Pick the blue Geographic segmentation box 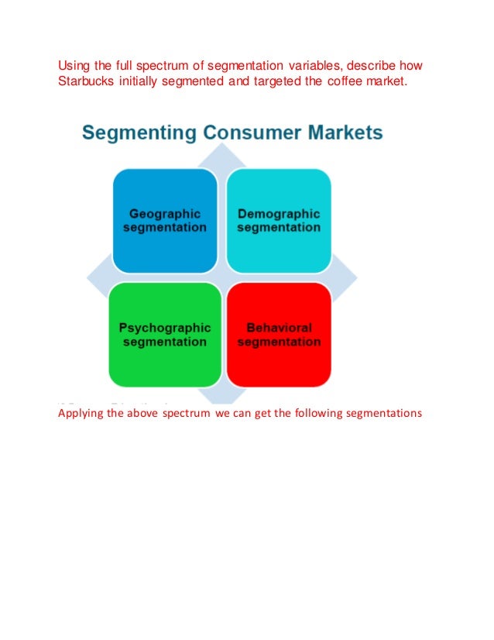pos(165,221)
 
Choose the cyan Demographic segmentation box pos(279,221)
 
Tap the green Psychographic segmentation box pos(165,335)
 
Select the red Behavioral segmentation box pos(279,335)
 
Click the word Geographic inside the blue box pos(165,214)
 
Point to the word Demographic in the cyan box pos(279,214)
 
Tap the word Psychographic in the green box pos(165,328)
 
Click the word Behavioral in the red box pos(279,328)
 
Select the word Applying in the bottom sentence pos(81,413)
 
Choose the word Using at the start pos(74,64)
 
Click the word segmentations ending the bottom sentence pos(383,413)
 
